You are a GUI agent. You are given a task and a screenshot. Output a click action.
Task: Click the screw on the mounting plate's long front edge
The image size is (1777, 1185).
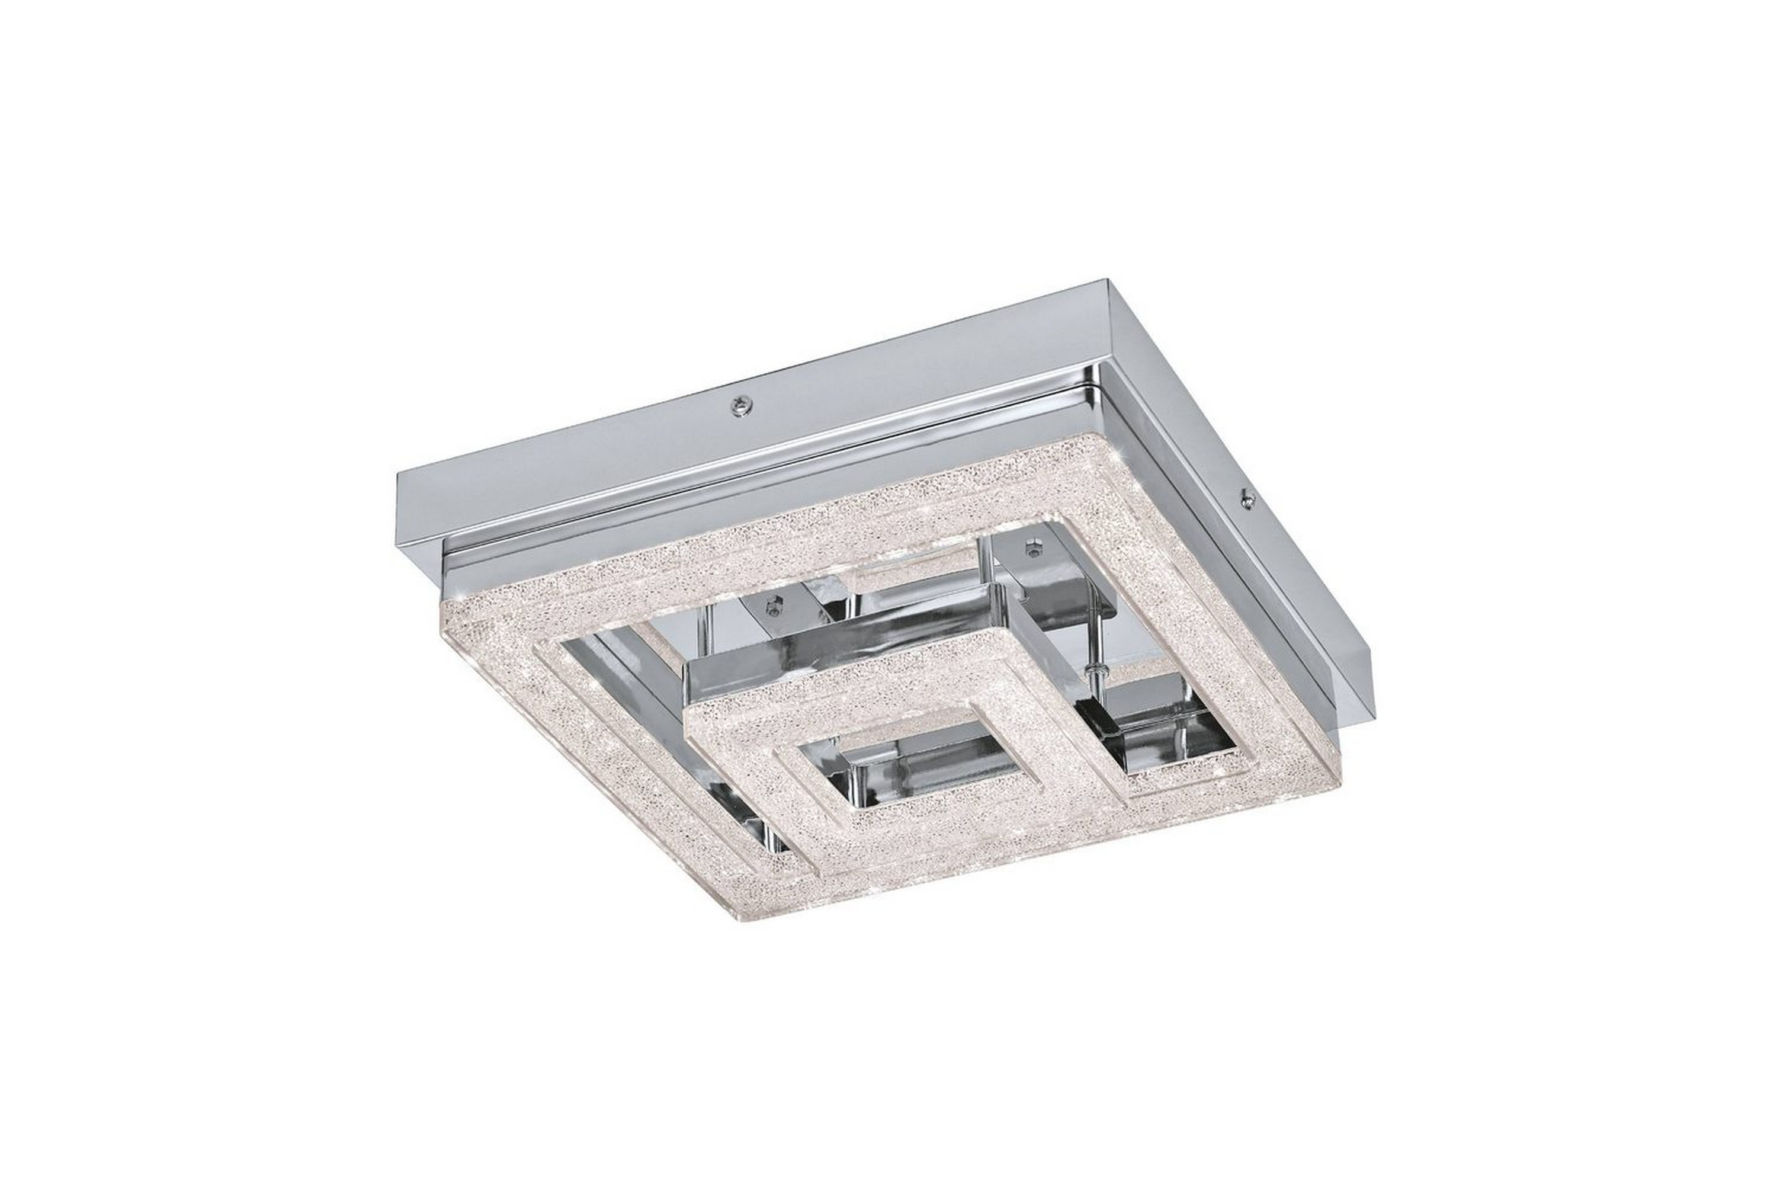[x=739, y=406]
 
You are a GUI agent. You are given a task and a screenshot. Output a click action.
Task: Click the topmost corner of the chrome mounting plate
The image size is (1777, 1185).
[x=1105, y=283]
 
